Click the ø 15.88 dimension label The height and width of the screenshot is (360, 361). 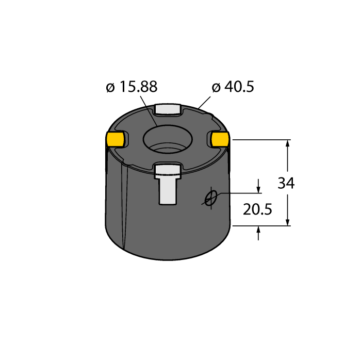[x=132, y=87]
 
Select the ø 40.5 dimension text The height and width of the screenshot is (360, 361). [x=233, y=87]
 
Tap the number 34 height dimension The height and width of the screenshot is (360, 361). [x=286, y=183]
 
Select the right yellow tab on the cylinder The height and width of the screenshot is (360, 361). [x=221, y=138]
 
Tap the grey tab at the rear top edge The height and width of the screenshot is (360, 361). [x=168, y=109]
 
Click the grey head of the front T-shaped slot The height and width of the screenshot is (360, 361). [x=168, y=171]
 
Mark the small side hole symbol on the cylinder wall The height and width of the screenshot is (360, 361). [x=209, y=198]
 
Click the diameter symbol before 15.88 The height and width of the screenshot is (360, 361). [x=110, y=88]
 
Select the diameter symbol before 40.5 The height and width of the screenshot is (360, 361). [x=216, y=88]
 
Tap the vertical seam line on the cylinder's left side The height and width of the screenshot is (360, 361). [x=124, y=206]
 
